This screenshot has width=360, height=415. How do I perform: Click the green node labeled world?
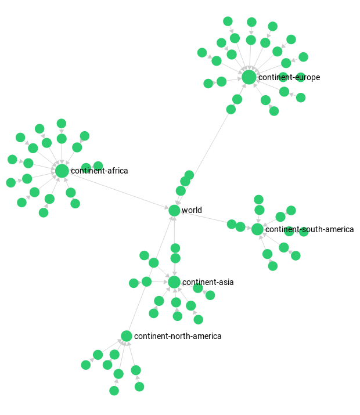coord(174,211)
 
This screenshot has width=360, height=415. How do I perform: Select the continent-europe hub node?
coord(249,77)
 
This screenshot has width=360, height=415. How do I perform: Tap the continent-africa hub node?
coord(62,171)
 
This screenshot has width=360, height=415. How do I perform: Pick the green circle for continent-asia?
coord(174,282)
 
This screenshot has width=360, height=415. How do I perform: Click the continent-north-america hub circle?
coord(127,336)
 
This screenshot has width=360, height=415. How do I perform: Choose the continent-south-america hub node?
coord(257,229)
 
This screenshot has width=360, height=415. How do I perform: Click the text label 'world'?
coord(192,210)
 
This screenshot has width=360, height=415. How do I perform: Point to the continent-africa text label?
coord(99,171)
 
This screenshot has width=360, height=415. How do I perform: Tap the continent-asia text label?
coord(208,282)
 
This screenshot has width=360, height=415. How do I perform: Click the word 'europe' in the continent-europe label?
coord(307,77)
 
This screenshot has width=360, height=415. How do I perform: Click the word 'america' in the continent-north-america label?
coord(208,336)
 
